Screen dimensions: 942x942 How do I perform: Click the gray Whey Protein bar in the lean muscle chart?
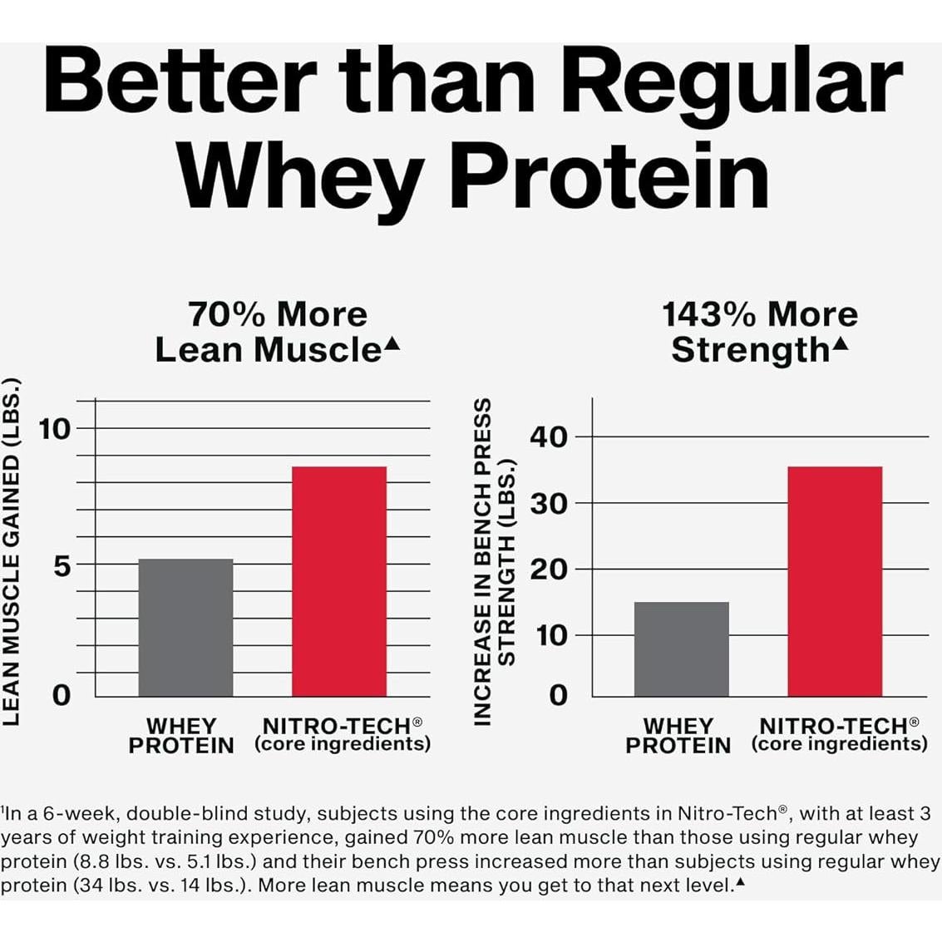pyautogui.click(x=185, y=628)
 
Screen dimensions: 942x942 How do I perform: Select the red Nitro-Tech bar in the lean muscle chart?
pyautogui.click(x=339, y=581)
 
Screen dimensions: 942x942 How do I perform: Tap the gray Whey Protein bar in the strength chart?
pyautogui.click(x=681, y=649)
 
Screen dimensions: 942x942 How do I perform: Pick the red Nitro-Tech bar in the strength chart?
pyautogui.click(x=834, y=581)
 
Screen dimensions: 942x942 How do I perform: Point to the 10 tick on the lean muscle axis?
pyautogui.click(x=56, y=429)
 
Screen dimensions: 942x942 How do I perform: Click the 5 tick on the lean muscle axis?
pyautogui.click(x=62, y=565)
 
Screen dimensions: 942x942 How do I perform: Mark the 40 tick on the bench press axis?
pyautogui.click(x=549, y=437)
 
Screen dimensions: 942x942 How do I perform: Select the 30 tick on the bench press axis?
pyautogui.click(x=549, y=503)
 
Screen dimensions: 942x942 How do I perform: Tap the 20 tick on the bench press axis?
pyautogui.click(x=549, y=570)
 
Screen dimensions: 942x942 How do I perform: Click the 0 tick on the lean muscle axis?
pyautogui.click(x=62, y=694)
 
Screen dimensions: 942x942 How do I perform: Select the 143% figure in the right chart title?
pyautogui.click(x=709, y=315)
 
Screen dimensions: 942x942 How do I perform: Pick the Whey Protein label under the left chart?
pyautogui.click(x=181, y=736)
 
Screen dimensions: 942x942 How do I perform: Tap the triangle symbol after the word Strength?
pyautogui.click(x=841, y=343)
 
